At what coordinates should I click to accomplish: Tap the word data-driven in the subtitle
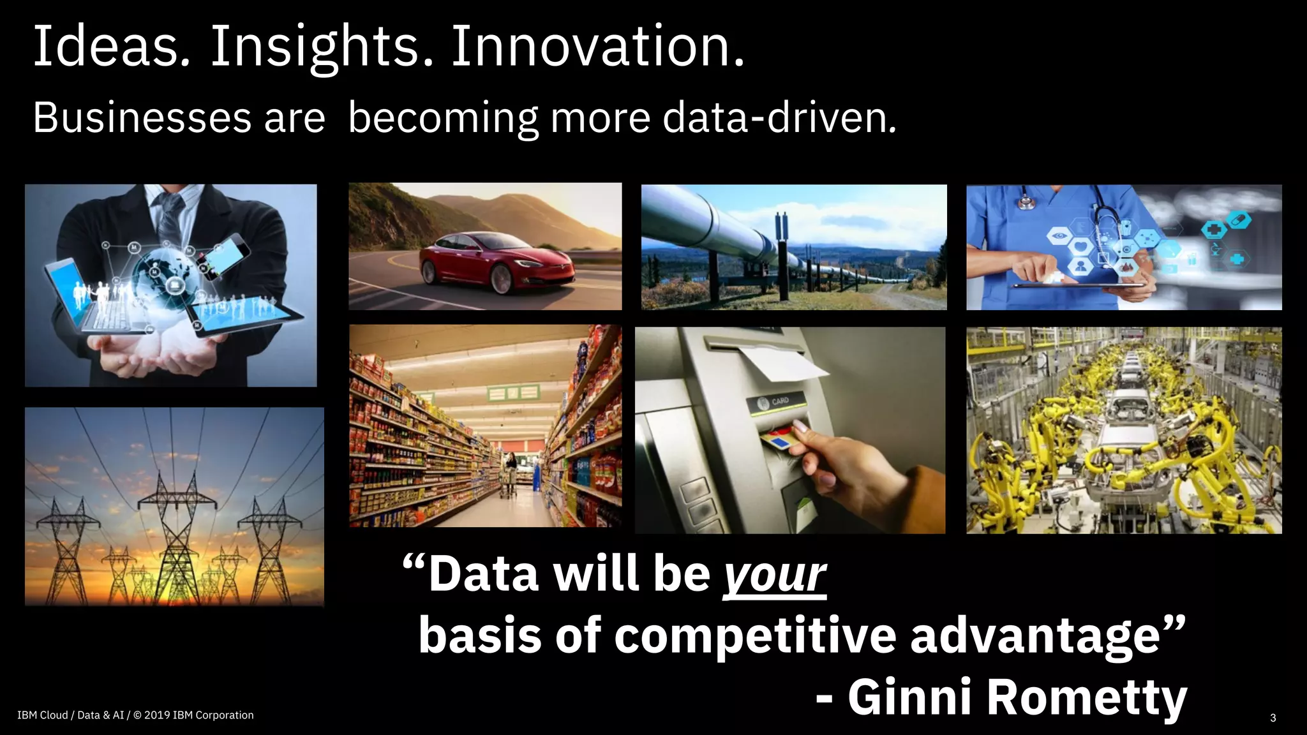tap(779, 118)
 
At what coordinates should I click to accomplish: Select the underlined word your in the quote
tap(774, 574)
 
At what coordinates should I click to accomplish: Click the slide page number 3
tap(1273, 718)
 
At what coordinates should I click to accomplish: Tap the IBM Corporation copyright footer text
tap(135, 715)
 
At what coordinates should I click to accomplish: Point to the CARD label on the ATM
tap(780, 401)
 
